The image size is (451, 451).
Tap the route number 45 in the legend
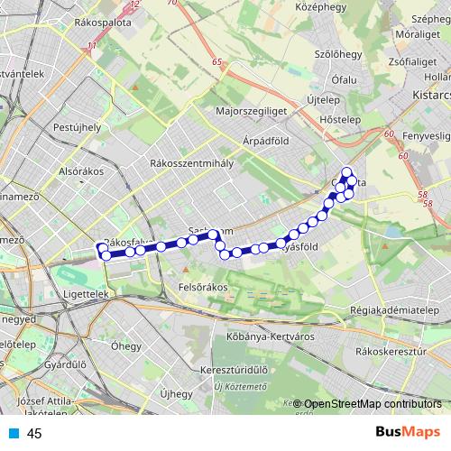pos(35,434)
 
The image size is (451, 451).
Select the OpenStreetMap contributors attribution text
pos(373,404)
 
